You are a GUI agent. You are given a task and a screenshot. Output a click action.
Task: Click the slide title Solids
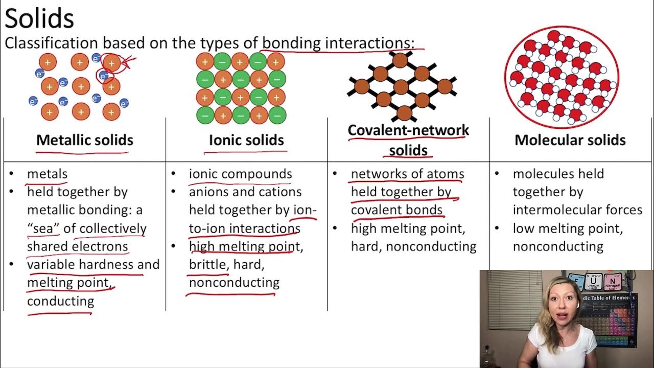click(x=39, y=18)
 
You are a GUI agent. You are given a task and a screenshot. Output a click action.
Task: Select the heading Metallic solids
click(x=85, y=140)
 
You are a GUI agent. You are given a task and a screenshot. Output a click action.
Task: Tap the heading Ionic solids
click(x=246, y=140)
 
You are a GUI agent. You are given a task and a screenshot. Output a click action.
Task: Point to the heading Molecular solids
click(x=570, y=140)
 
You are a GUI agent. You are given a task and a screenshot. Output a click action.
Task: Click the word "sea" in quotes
click(x=43, y=228)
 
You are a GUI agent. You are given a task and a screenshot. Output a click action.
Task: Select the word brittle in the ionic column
click(x=208, y=265)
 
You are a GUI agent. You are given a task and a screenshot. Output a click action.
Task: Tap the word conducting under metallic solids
click(x=60, y=301)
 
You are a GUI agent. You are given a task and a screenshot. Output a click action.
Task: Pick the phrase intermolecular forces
click(x=577, y=210)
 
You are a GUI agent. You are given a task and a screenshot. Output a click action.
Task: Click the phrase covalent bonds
click(x=396, y=210)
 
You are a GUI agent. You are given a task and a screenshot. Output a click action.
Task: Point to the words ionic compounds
click(x=240, y=174)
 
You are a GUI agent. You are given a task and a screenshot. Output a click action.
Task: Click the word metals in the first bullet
click(x=47, y=174)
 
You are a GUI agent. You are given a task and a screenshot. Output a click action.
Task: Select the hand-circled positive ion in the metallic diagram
click(x=111, y=63)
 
